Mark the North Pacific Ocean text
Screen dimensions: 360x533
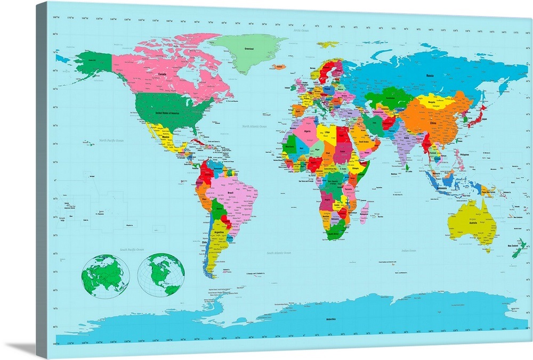[111, 141]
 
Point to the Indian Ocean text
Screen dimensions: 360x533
[409, 250]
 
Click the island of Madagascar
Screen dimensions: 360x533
[364, 212]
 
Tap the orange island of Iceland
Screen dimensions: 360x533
[279, 68]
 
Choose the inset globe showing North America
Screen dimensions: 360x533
[161, 275]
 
